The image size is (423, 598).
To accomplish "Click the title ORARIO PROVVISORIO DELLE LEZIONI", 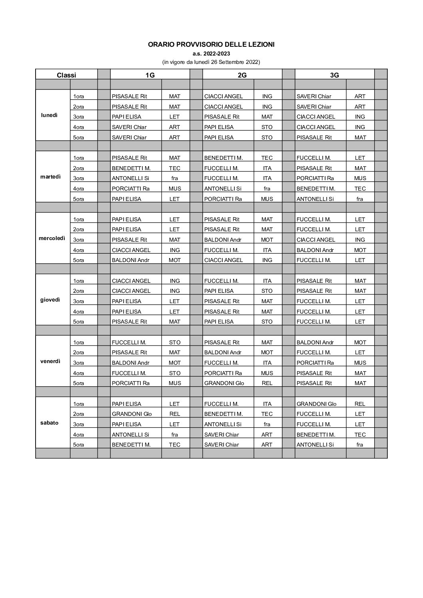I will point(211,45).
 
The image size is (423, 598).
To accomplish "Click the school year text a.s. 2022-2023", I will point(211,54).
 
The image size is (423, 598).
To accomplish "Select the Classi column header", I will point(66,75).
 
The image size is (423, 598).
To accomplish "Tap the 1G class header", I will point(150,75).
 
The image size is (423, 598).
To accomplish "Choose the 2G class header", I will point(242,75).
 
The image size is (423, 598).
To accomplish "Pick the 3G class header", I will point(335,75).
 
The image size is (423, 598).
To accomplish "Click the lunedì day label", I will point(49,115).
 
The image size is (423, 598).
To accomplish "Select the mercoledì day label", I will point(52,238).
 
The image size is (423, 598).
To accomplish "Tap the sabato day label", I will point(49,423).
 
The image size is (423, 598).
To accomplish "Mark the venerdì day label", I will point(50,361).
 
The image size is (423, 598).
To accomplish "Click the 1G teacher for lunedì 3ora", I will point(126,117).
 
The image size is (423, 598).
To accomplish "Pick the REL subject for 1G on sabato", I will point(175,414).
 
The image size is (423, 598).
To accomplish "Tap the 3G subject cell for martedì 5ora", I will point(360,199).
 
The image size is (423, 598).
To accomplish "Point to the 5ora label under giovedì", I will point(78,322).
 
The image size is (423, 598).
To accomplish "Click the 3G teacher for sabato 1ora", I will point(316,404).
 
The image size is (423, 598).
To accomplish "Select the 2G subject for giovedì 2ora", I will point(267,291).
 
